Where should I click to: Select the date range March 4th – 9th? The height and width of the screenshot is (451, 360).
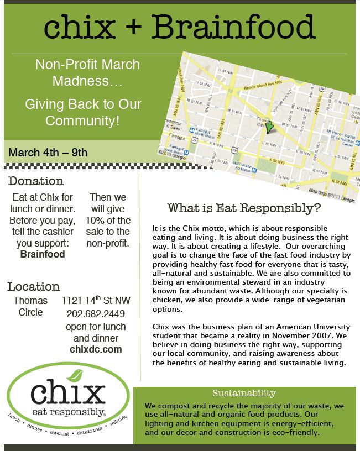point(48,152)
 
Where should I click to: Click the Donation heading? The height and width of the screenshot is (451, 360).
point(36,181)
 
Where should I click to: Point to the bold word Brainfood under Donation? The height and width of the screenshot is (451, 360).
point(43,255)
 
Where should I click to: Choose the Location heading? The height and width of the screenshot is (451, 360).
point(34,286)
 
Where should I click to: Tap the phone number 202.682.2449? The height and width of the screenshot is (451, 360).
point(96,314)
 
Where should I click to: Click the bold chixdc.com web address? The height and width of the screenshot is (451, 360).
point(96,349)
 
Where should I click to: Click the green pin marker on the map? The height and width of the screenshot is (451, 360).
point(270,128)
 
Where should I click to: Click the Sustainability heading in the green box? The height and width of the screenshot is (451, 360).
point(244,394)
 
